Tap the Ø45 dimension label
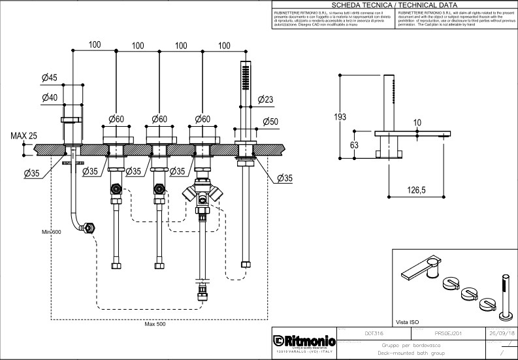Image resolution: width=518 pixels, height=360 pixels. pyautogui.click(x=50, y=78)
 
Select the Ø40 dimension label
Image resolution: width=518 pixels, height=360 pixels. pyautogui.click(x=50, y=97)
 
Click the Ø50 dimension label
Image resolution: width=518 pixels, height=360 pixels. pyautogui.click(x=270, y=122)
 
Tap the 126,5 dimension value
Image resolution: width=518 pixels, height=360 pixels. pyautogui.click(x=415, y=190)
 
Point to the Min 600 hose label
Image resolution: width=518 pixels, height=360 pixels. pyautogui.click(x=51, y=232)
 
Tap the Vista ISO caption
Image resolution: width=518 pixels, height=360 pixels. pyautogui.click(x=407, y=322)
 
